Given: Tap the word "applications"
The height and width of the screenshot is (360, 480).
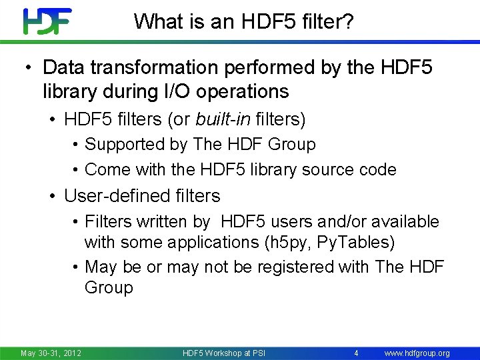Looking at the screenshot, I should (x=210, y=242).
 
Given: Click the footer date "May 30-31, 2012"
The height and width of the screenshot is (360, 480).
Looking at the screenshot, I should (x=51, y=353).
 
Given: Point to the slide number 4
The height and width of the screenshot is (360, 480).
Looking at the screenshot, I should (x=357, y=353).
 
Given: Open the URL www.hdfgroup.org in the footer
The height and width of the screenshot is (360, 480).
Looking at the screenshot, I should (x=417, y=353).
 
